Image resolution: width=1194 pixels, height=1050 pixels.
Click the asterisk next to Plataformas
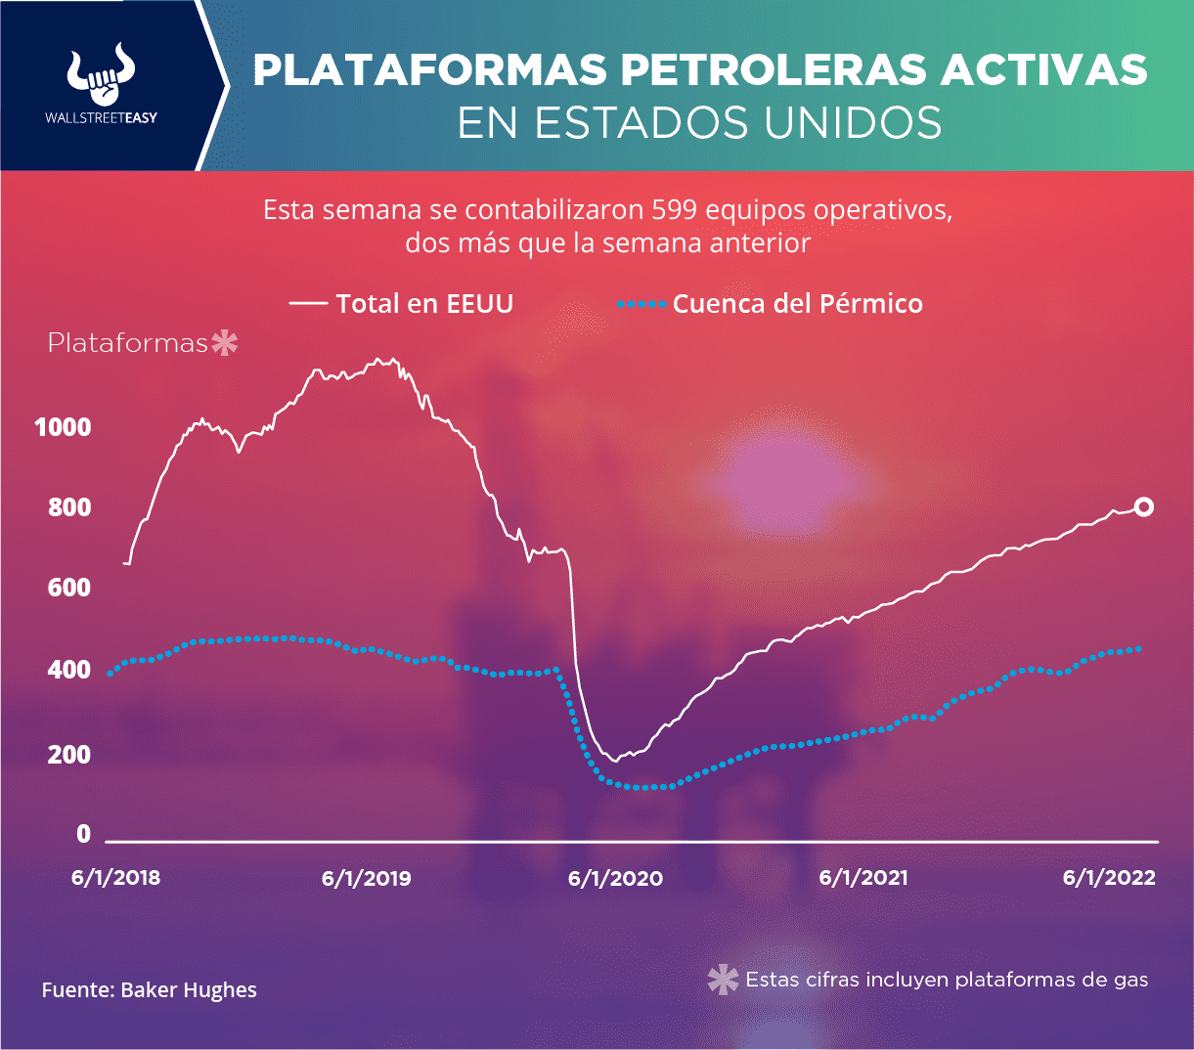point(225,343)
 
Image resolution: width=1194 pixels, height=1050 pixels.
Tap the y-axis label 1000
point(63,427)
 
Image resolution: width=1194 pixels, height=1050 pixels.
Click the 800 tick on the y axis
point(69,507)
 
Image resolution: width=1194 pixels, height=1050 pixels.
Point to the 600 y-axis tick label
point(69,588)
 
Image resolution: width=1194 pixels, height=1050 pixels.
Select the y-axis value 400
point(69,671)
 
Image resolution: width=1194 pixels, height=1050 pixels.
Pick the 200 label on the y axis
point(69,754)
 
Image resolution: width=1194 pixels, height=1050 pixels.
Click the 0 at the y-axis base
point(83,834)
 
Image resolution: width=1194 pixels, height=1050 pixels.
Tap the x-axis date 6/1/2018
point(115,878)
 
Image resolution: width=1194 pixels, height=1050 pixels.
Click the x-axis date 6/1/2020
point(615,878)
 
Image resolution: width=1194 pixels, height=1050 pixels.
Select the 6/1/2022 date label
point(1109,878)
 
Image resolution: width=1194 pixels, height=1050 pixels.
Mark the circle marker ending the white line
point(1143,506)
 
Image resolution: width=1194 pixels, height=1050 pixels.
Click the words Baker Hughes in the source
point(189,990)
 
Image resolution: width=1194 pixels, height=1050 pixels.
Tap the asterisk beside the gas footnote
point(723,980)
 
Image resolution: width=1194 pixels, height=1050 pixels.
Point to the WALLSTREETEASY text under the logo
point(101,117)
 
